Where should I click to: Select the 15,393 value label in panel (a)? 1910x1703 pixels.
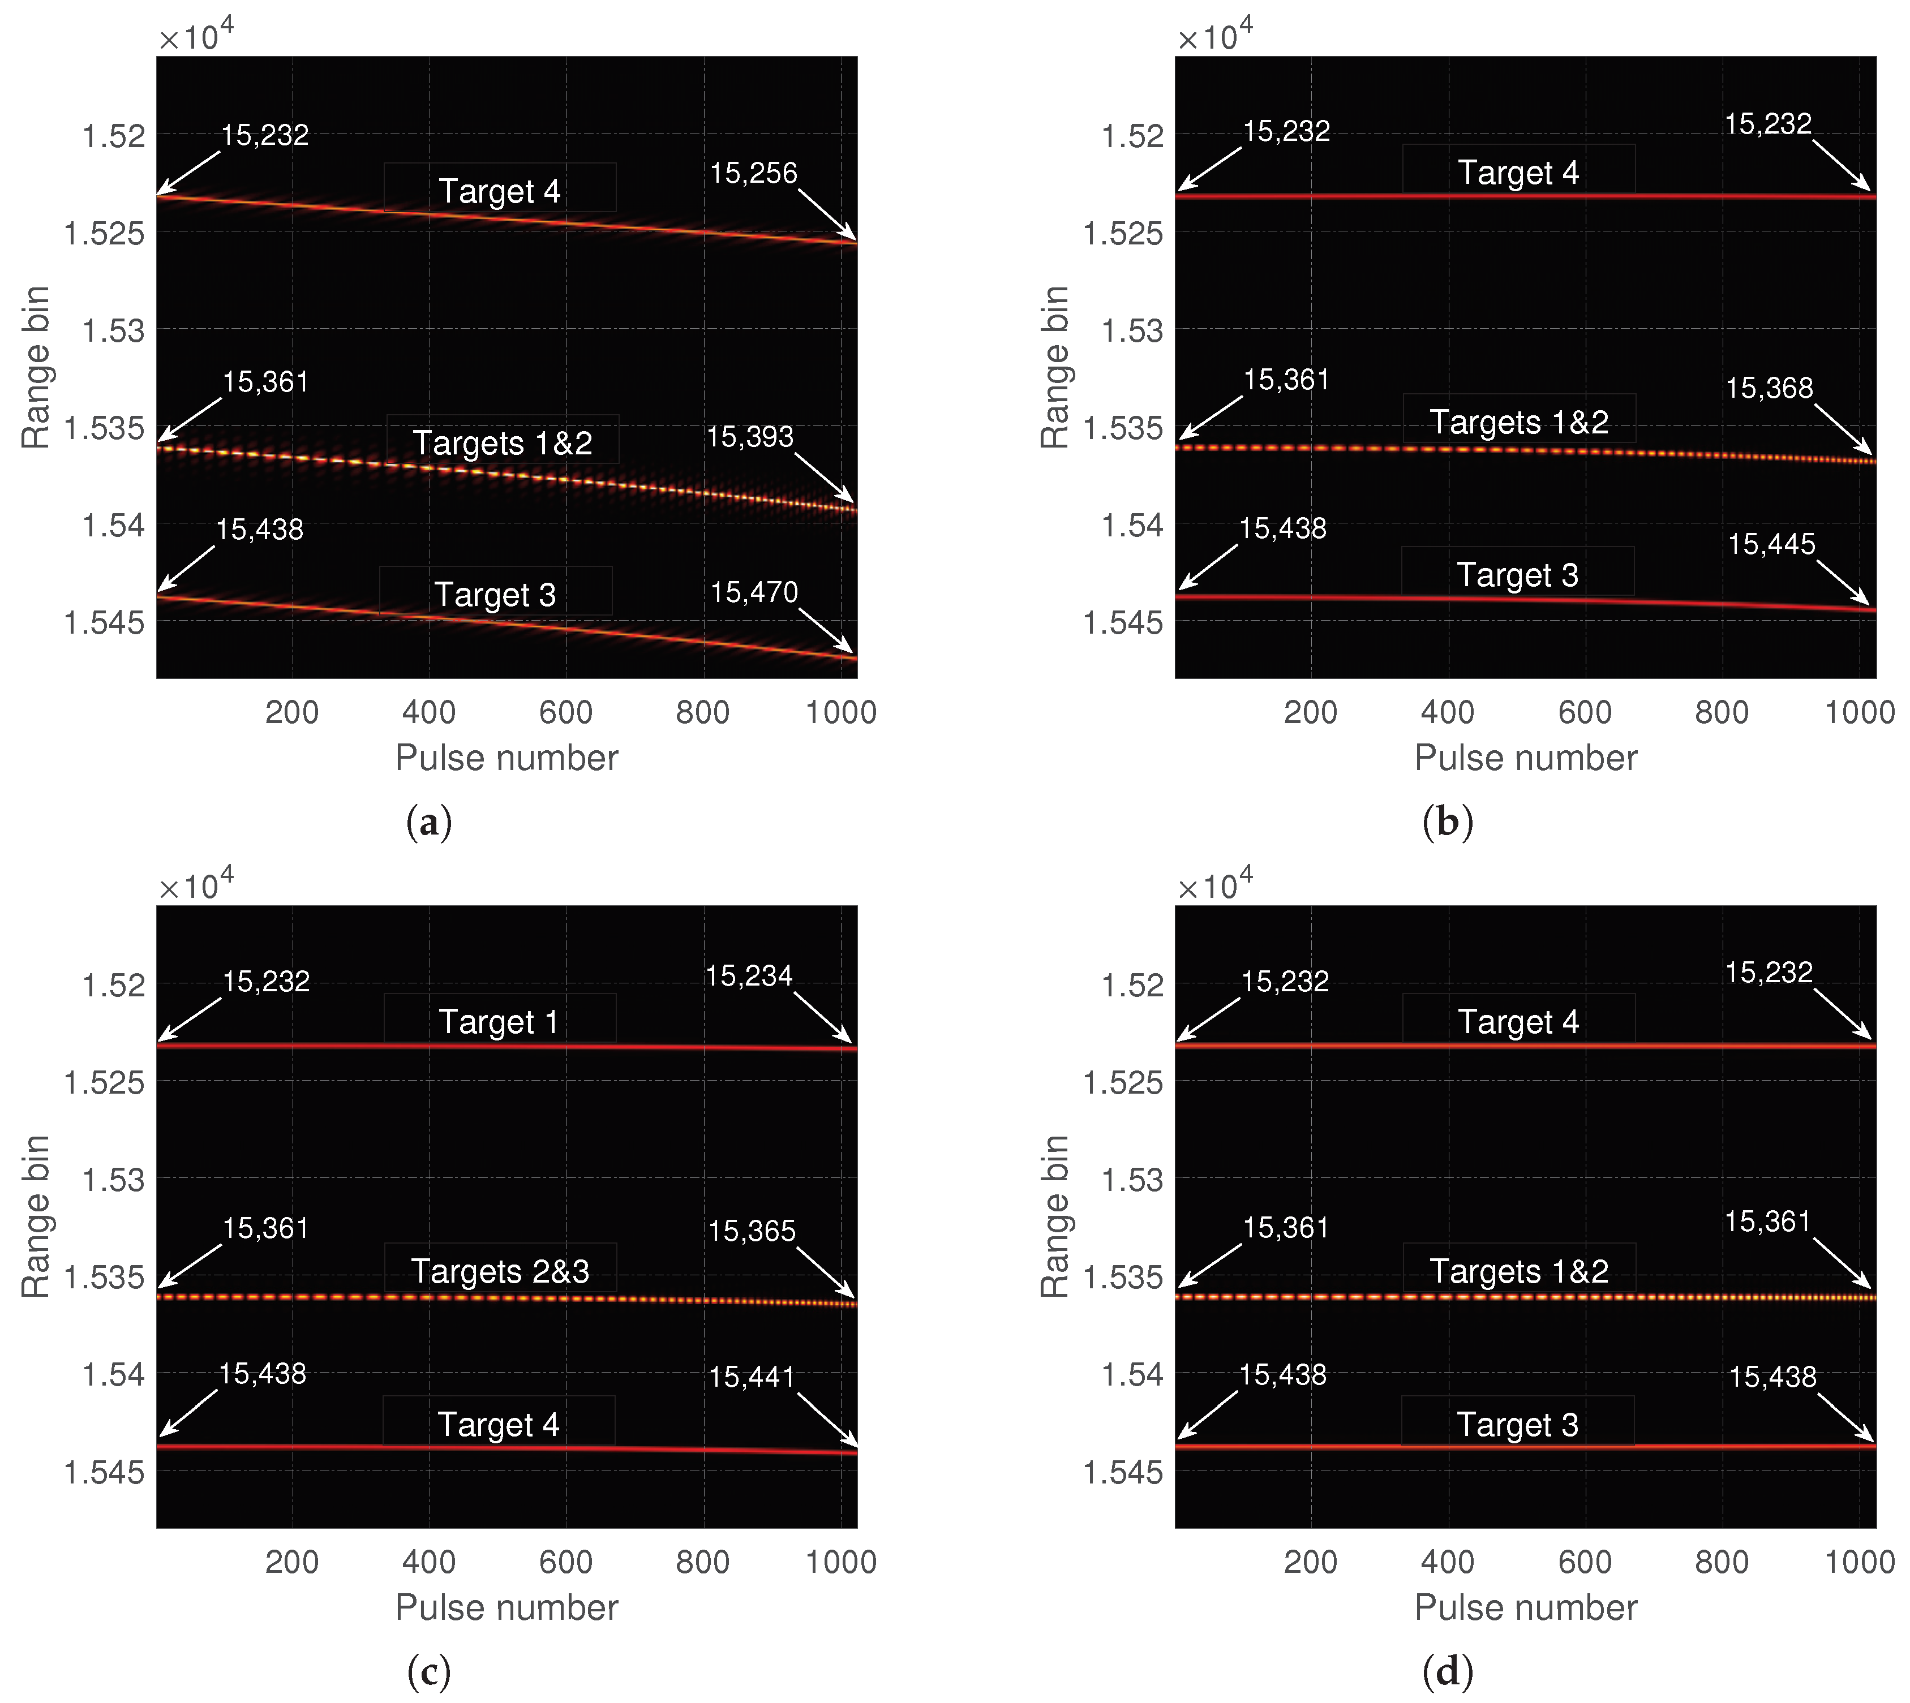pos(750,437)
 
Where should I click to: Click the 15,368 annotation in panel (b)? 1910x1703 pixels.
pos(1769,388)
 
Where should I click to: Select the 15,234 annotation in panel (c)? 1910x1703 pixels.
pos(749,976)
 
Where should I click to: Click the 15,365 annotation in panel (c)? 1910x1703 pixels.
pos(752,1231)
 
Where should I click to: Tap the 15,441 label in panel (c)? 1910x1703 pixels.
pos(752,1377)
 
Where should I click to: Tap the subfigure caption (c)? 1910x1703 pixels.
pos(428,1671)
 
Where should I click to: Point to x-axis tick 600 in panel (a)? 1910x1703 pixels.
pos(565,712)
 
